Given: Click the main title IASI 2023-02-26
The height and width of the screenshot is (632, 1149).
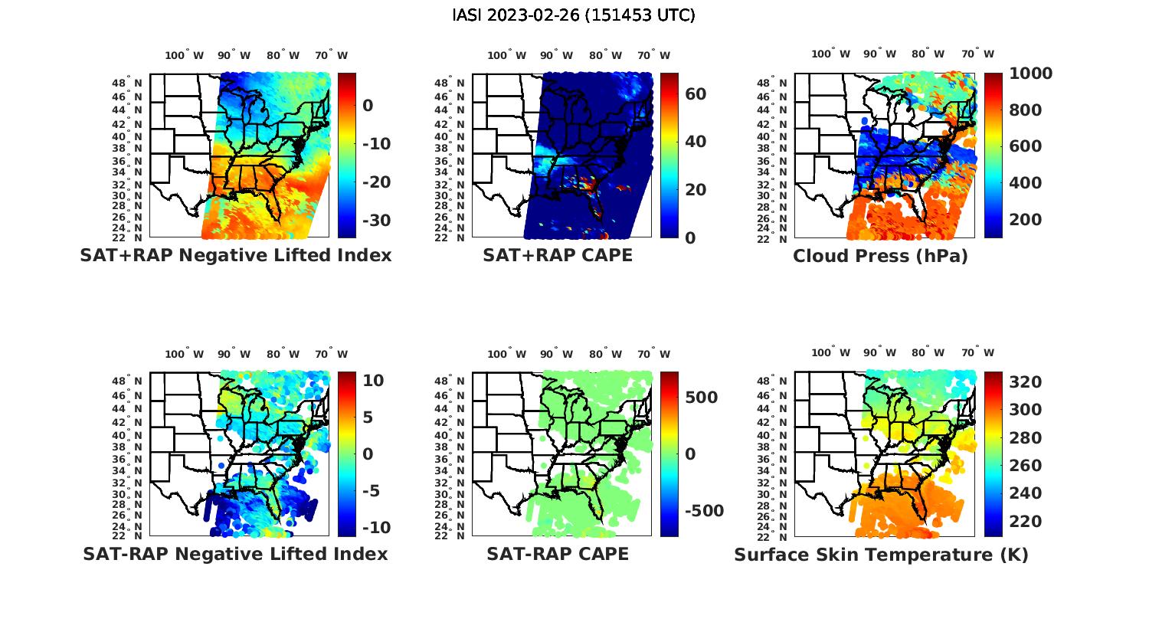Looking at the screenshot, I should [574, 15].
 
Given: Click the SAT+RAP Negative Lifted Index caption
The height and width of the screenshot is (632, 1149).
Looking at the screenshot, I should [235, 255].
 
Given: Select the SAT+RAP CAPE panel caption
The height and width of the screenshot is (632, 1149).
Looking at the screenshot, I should [558, 255].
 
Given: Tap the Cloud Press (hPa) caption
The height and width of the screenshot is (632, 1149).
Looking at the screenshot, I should [880, 256].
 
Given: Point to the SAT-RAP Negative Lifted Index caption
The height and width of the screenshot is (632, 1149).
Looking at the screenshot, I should [235, 554].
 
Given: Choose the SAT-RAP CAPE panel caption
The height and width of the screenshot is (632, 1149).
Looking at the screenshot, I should [558, 554].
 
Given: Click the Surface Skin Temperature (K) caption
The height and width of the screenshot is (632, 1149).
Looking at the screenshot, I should [881, 555].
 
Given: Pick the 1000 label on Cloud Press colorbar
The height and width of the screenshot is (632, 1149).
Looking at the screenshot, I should [1030, 74].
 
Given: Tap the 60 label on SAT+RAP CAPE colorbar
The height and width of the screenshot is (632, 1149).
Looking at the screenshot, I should [696, 94].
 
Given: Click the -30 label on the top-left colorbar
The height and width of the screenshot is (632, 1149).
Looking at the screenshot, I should [376, 221].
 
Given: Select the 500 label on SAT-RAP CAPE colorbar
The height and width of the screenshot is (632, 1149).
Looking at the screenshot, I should [702, 398].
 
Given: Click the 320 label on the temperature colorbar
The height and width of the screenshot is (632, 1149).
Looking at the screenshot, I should [1025, 382].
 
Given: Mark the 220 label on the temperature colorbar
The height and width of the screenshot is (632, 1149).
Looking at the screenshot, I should [1025, 522].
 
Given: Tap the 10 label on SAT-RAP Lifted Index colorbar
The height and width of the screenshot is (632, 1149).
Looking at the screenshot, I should [374, 381].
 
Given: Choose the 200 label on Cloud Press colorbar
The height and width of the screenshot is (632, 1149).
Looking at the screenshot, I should [1025, 220].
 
